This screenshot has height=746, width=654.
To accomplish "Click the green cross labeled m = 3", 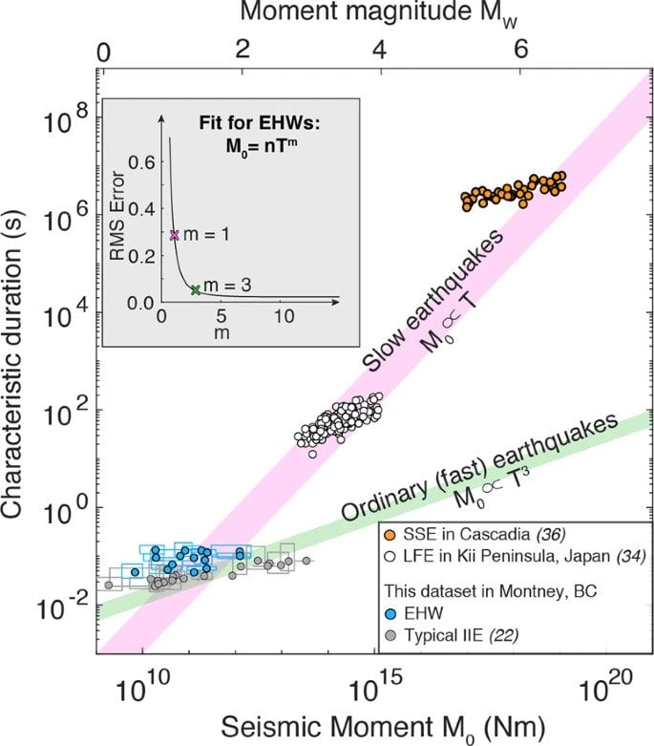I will coord(195,289).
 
